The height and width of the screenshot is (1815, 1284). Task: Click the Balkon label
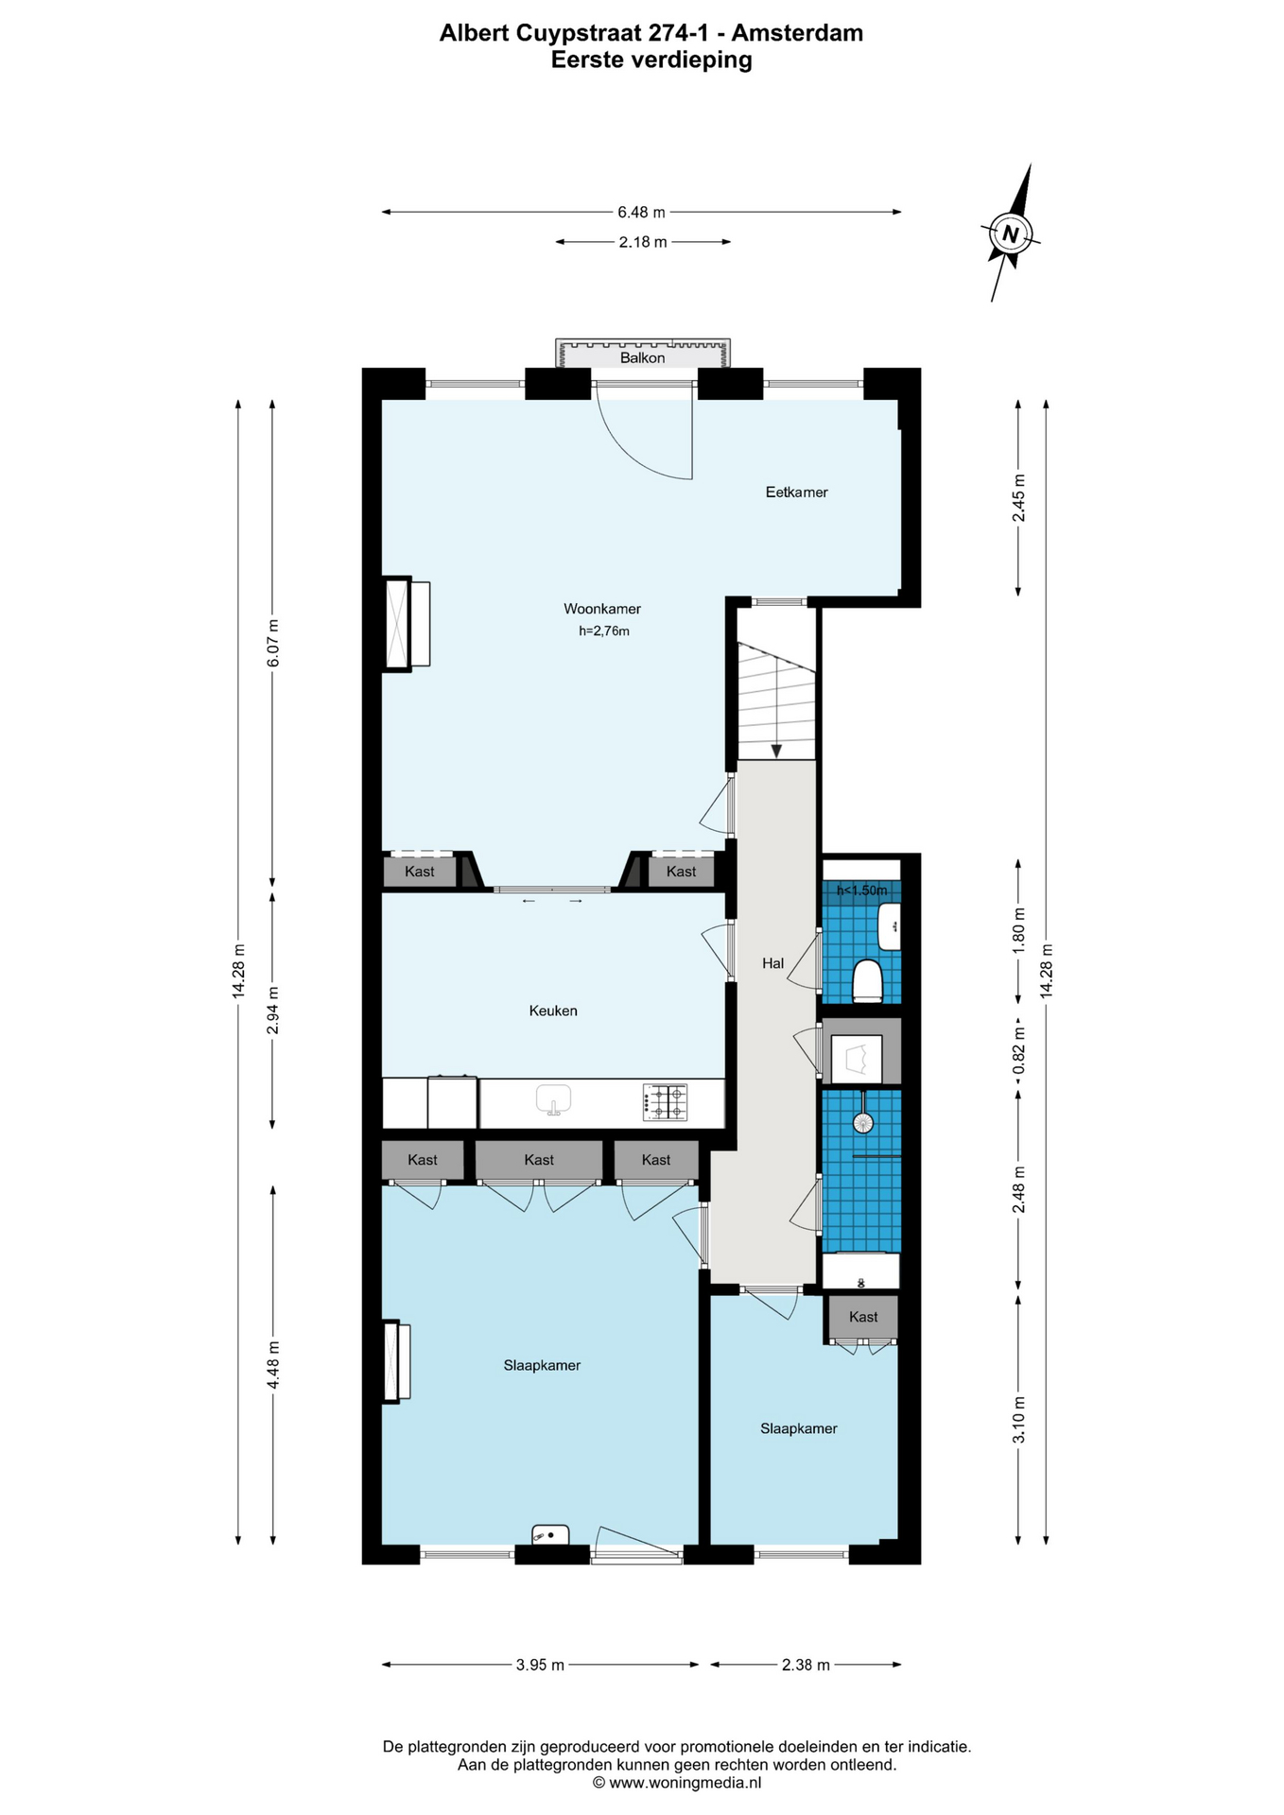pyautogui.click(x=642, y=358)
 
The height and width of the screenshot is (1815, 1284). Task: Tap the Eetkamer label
pyautogui.click(x=796, y=492)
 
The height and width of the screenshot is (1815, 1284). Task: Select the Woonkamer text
pyautogui.click(x=602, y=609)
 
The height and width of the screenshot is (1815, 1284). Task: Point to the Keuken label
pyautogui.click(x=553, y=1011)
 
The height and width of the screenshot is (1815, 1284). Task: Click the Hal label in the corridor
pyautogui.click(x=772, y=963)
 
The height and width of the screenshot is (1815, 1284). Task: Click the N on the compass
pyautogui.click(x=1011, y=233)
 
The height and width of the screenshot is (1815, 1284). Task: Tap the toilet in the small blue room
pyautogui.click(x=867, y=980)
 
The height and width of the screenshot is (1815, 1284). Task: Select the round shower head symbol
pyautogui.click(x=862, y=1122)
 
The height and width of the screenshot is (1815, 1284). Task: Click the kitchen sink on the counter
pyautogui.click(x=554, y=1099)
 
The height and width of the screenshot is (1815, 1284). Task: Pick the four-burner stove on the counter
pyautogui.click(x=665, y=1101)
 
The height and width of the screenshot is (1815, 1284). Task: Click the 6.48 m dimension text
pyautogui.click(x=641, y=212)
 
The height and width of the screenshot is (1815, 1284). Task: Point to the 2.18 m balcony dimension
pyautogui.click(x=643, y=242)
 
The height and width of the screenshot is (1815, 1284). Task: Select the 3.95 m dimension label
pyautogui.click(x=540, y=1665)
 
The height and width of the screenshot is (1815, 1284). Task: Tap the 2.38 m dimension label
pyautogui.click(x=806, y=1665)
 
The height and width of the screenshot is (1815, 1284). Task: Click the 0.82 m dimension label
pyautogui.click(x=1018, y=1050)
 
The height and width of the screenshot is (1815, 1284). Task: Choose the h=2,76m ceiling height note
pyautogui.click(x=604, y=631)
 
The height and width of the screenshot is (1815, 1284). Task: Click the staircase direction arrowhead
pyautogui.click(x=776, y=751)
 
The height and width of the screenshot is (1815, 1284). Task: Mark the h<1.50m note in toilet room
pyautogui.click(x=861, y=890)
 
